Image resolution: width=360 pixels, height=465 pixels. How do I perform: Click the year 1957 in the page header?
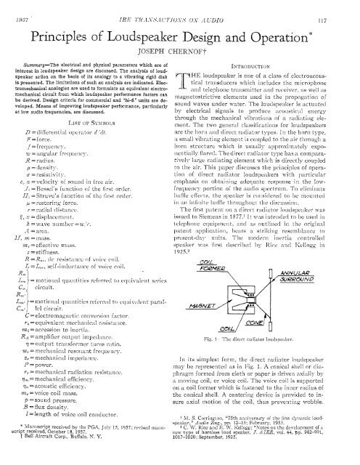pyautogui.click(x=13, y=7)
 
